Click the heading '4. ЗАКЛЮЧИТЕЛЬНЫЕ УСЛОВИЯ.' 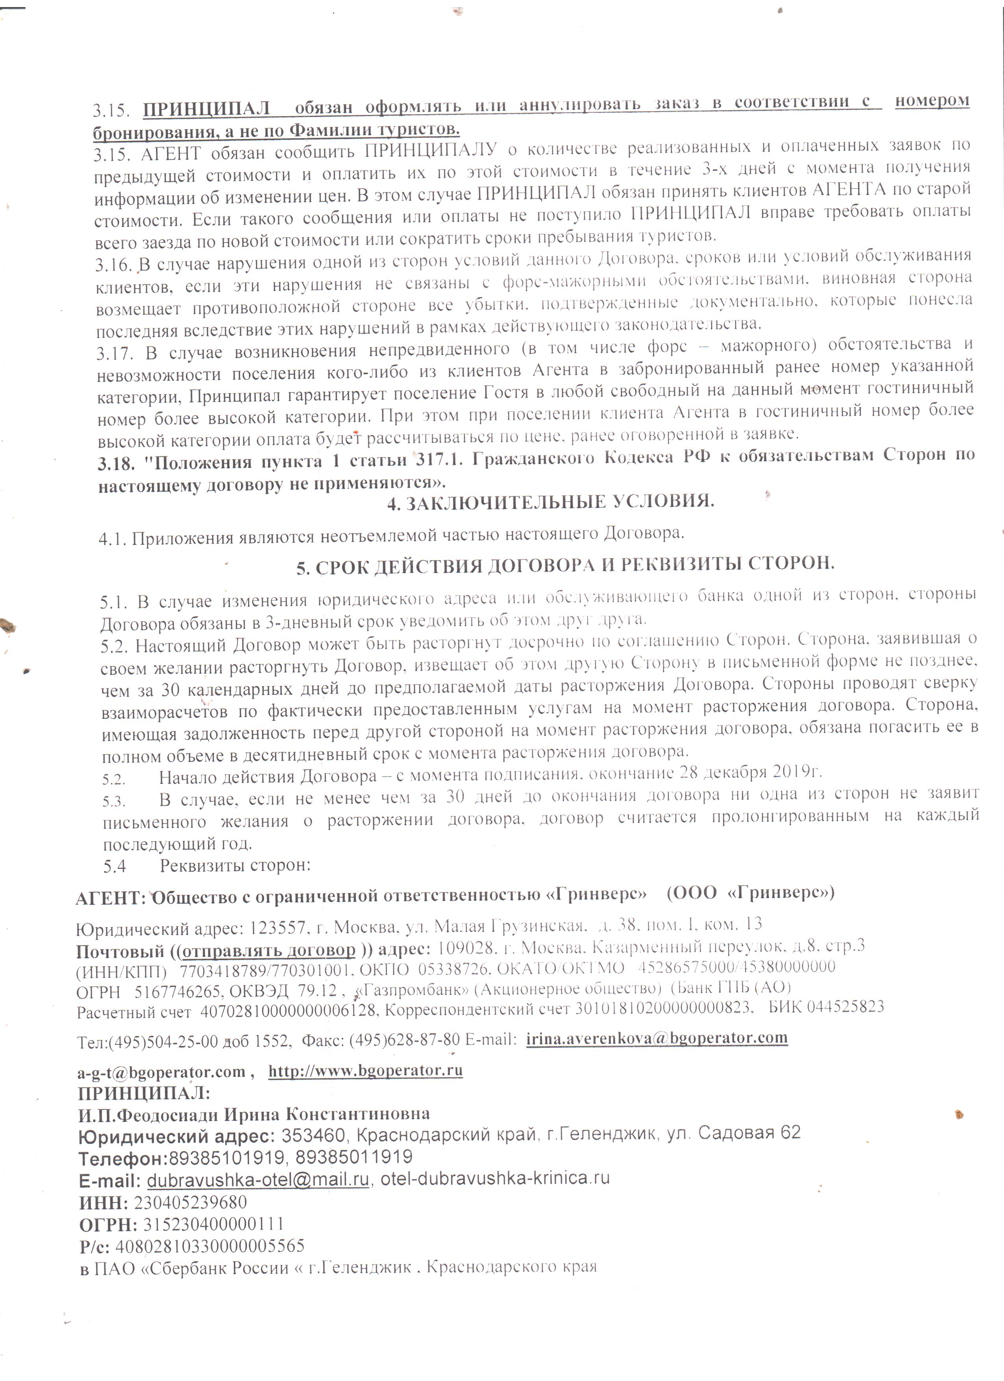pos(550,503)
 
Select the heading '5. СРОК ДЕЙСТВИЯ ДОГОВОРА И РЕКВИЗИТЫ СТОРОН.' pos(565,565)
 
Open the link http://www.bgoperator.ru pos(365,1070)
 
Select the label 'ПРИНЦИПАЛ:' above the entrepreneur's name pos(144,1092)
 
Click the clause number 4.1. pos(113,538)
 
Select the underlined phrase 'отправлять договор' pos(269,950)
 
